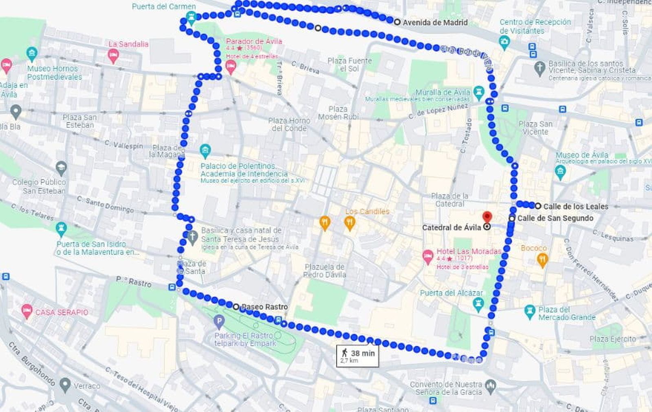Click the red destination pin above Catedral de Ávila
487,217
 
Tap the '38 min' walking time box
357,356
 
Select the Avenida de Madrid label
435,22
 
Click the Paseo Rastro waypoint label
264,306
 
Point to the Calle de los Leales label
575,207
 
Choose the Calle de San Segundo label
555,218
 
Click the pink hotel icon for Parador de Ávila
231,66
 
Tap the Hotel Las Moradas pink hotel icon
427,257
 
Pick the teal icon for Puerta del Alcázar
478,304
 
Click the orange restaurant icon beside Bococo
542,260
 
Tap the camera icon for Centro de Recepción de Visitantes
504,42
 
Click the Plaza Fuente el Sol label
349,64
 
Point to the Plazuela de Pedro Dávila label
324,271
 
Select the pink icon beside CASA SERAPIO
27,312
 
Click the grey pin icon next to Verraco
65,384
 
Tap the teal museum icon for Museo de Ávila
560,172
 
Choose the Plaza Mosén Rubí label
338,113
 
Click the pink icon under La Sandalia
113,55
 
